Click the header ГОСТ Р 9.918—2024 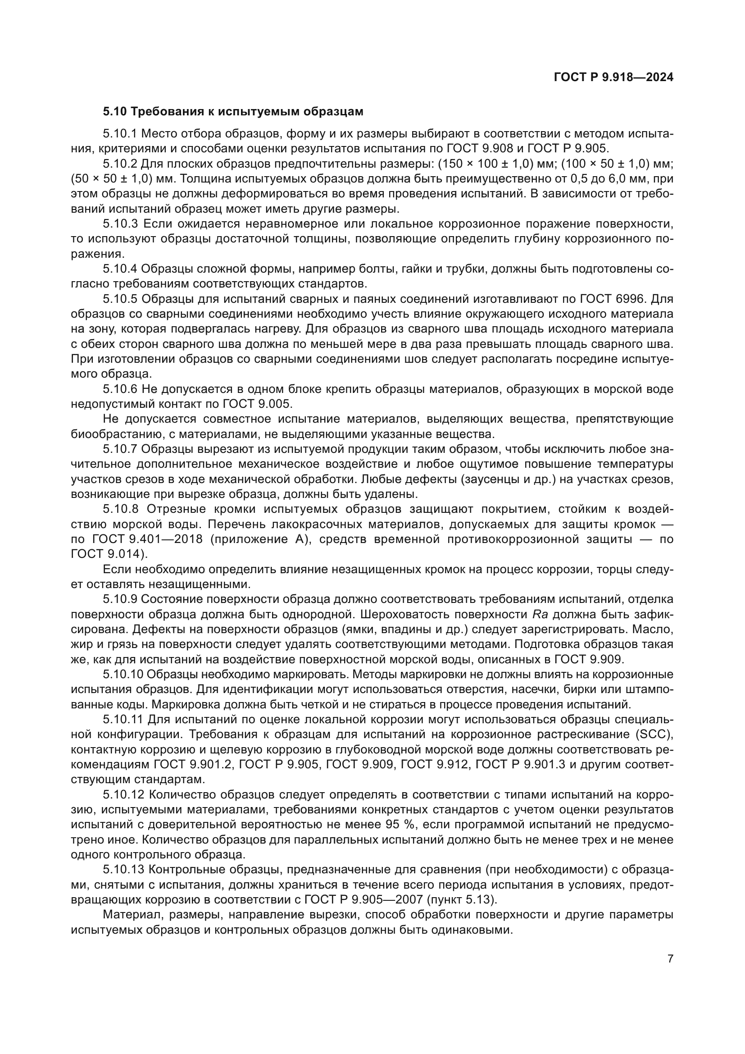(x=613, y=78)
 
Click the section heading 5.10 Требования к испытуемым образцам (x=233, y=112)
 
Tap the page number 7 (x=670, y=959)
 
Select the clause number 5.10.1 (x=120, y=134)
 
